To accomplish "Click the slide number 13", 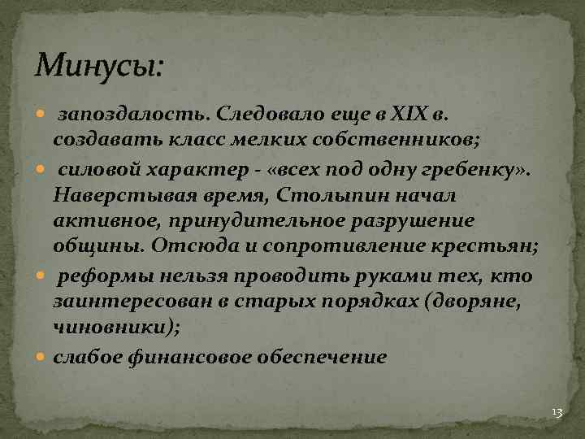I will [x=557, y=413].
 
